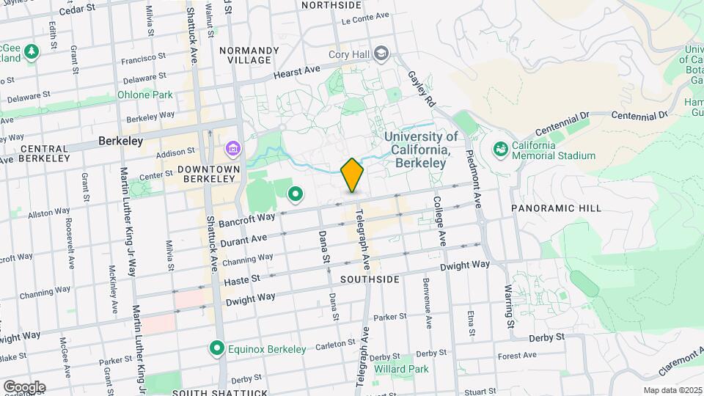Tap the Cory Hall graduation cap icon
coord(381,53)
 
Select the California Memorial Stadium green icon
coord(502,150)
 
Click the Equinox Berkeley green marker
coord(216,348)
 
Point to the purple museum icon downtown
coord(233,150)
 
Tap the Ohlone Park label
coord(144,95)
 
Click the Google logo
coord(24,387)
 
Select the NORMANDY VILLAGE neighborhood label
coord(249,55)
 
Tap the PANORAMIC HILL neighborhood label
coord(556,208)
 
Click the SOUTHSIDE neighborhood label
coord(370,279)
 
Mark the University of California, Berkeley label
coord(422,150)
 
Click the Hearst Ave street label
coord(297,72)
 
